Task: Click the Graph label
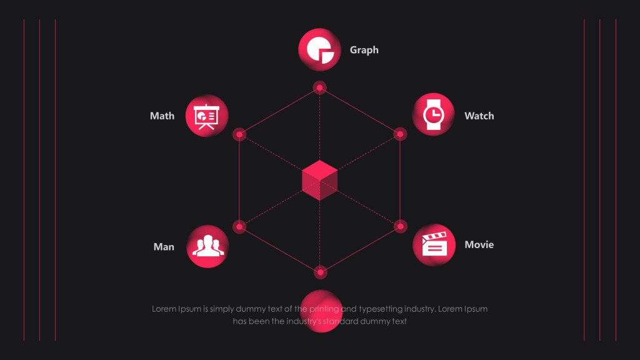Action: pyautogui.click(x=364, y=50)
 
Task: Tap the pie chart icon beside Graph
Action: pyautogui.click(x=319, y=51)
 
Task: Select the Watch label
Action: pyautogui.click(x=479, y=116)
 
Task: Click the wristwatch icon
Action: pyautogui.click(x=433, y=114)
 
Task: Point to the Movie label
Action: pyautogui.click(x=479, y=244)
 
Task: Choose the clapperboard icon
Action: pyautogui.click(x=434, y=244)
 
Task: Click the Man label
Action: pyautogui.click(x=164, y=247)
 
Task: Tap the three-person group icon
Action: pyautogui.click(x=207, y=246)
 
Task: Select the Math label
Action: pyautogui.click(x=162, y=116)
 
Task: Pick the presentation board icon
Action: pyautogui.click(x=207, y=116)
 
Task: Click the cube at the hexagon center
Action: pyautogui.click(x=319, y=181)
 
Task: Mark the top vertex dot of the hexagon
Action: pyautogui.click(x=320, y=87)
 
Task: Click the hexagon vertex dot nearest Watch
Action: pyautogui.click(x=400, y=134)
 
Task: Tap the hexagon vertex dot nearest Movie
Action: pyautogui.click(x=401, y=226)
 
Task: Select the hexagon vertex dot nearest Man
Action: pyautogui.click(x=239, y=226)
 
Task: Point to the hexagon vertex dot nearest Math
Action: pyautogui.click(x=239, y=134)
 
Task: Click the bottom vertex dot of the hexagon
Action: pyautogui.click(x=320, y=272)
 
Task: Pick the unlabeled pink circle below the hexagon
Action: pyautogui.click(x=320, y=311)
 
